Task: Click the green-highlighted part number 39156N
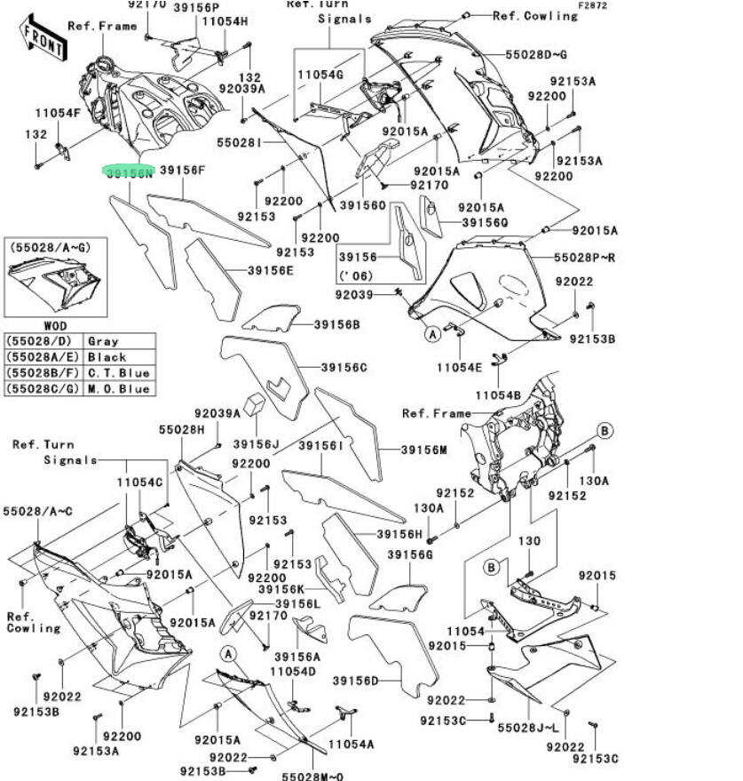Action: (x=130, y=172)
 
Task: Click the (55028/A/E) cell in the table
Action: (x=43, y=357)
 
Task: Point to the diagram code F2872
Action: (x=592, y=5)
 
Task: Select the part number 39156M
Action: (x=425, y=450)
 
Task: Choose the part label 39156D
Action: (x=356, y=681)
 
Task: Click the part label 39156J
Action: (x=257, y=443)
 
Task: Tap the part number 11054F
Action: (x=58, y=113)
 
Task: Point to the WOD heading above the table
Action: (x=55, y=326)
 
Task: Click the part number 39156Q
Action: (x=485, y=221)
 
